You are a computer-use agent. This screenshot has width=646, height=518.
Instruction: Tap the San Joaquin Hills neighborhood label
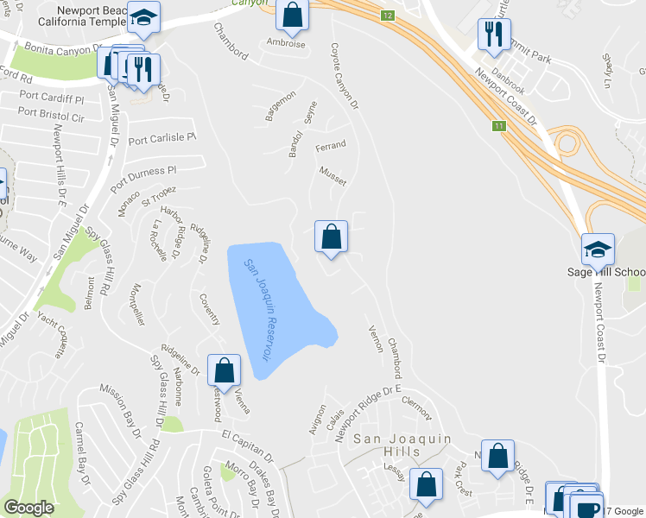404,439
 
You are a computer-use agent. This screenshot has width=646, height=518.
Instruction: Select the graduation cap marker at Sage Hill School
598,250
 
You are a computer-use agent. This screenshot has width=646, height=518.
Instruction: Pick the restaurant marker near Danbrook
493,35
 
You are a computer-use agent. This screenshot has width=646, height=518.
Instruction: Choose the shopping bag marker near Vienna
224,370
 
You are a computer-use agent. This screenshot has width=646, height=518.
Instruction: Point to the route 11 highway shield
498,126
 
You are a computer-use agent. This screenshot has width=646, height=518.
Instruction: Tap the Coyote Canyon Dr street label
345,77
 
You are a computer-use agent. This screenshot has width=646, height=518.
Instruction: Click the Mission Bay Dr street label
131,407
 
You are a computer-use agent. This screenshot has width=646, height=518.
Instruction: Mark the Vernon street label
375,338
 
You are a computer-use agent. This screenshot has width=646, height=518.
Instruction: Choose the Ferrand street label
330,145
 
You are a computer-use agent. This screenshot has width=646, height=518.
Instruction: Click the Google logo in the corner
28,508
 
